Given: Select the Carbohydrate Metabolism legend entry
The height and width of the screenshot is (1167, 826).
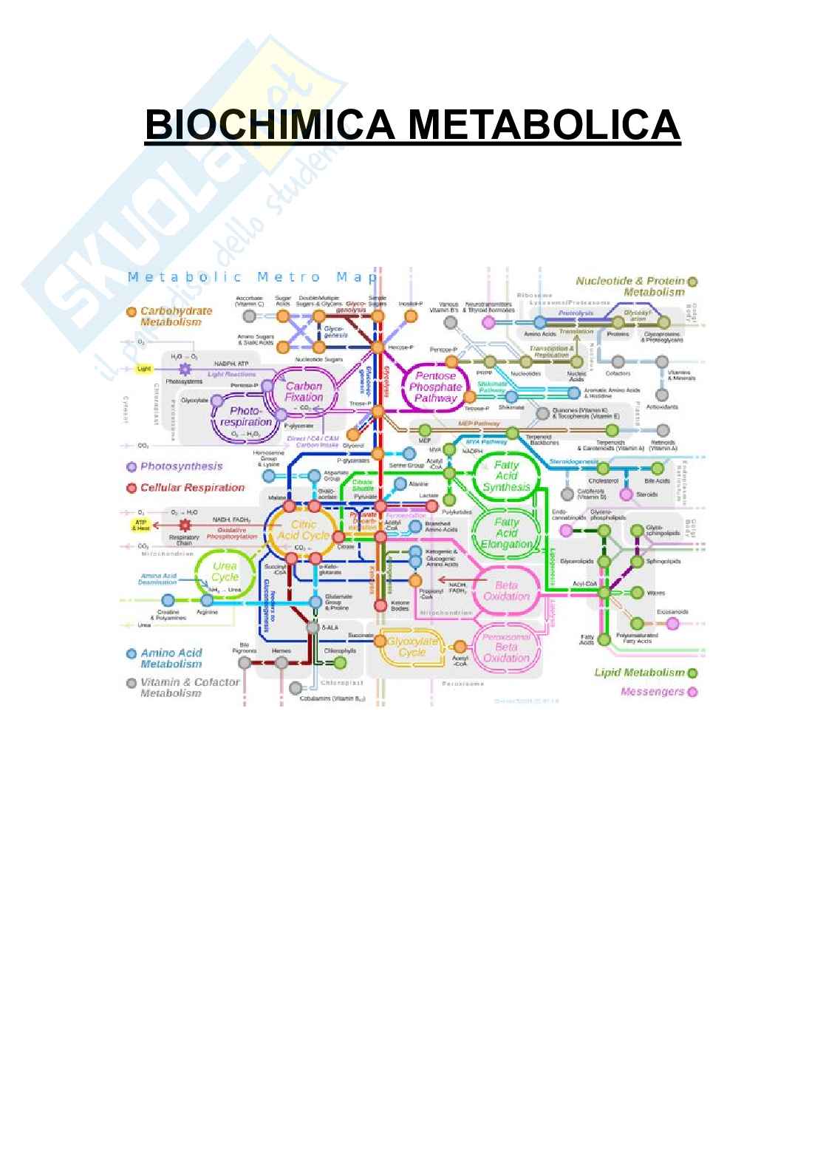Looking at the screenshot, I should [175, 316].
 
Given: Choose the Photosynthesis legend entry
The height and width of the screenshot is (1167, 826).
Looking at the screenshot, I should [180, 466].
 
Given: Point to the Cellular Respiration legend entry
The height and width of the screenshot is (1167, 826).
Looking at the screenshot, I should [191, 488].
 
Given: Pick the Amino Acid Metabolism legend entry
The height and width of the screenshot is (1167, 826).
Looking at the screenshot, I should [171, 658].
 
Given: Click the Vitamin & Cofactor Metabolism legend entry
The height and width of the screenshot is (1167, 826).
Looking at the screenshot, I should [189, 687].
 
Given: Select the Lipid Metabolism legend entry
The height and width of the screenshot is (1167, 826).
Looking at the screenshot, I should [640, 673].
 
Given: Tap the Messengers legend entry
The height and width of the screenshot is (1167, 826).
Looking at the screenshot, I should [653, 692].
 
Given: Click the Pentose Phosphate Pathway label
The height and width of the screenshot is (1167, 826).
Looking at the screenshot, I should [435, 387].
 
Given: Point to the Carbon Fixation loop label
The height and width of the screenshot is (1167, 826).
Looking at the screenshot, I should [304, 392].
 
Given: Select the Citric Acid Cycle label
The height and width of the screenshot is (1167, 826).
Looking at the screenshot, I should [303, 530].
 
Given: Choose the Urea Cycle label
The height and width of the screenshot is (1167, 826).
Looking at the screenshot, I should [225, 571].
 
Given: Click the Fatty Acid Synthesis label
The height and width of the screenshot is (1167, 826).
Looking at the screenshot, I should [507, 476].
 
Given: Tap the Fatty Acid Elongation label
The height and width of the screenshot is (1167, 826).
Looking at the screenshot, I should [507, 533].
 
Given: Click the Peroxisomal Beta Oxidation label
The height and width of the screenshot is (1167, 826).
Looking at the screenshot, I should [507, 647].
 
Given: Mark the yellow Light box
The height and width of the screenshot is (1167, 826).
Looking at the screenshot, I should [145, 368].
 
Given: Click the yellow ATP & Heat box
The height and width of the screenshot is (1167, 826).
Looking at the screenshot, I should [141, 525].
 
